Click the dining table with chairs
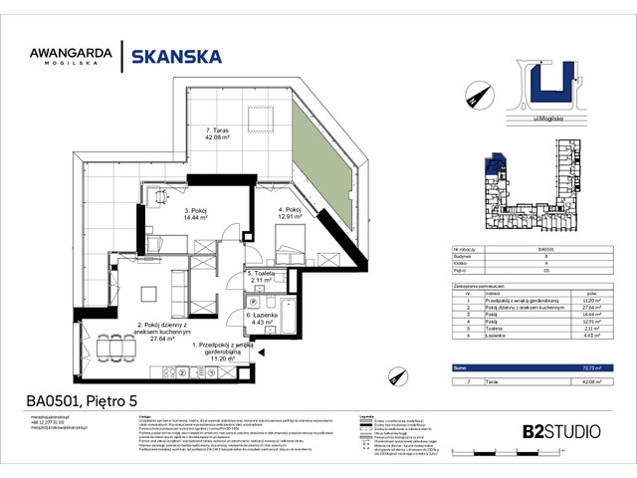click(149, 293)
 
